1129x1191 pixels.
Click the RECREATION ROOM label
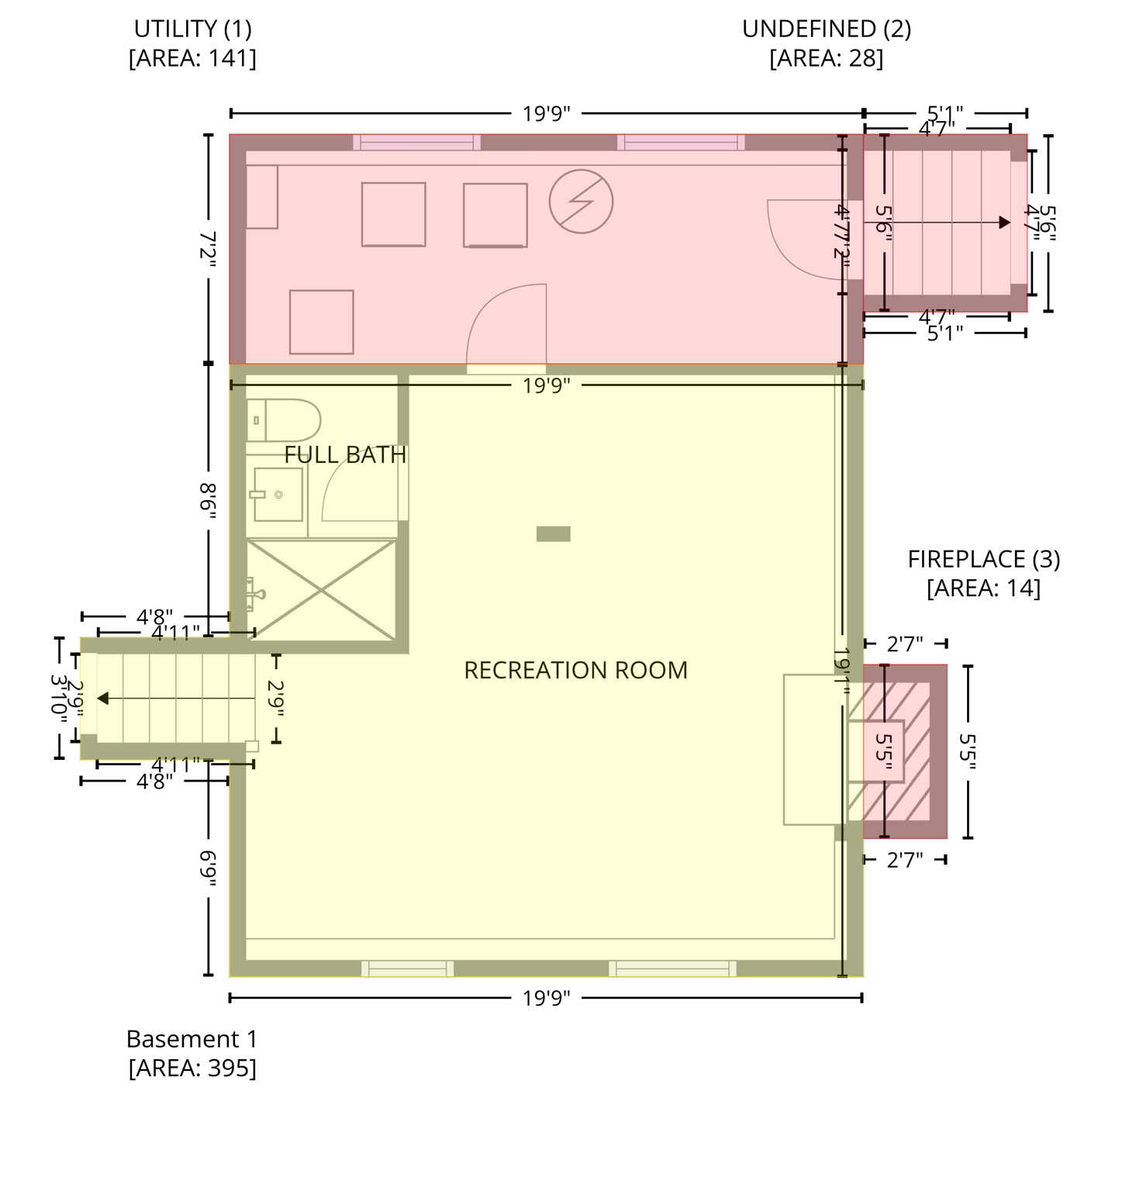575,670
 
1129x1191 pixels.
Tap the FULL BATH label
345,454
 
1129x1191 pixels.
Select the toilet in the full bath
284,420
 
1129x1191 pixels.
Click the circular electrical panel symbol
581,202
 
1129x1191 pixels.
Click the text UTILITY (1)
192,29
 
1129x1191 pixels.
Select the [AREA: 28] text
826,58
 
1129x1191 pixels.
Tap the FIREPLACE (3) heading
983,559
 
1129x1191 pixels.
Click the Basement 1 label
192,1038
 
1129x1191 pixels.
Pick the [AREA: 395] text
192,1068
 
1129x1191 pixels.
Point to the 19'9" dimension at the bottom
546,998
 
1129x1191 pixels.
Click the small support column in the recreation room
554,533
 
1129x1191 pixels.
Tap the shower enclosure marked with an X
321,591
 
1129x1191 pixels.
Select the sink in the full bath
277,494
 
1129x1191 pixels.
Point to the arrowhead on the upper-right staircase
1005,223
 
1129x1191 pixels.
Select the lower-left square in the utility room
321,322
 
